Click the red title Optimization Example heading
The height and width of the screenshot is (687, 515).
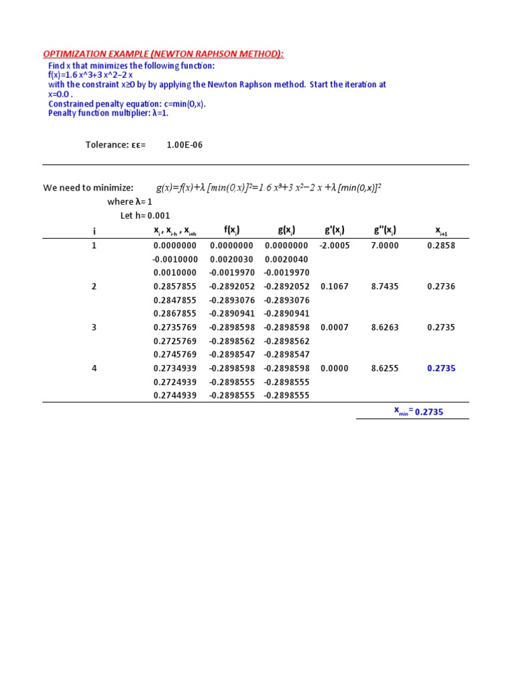coord(164,54)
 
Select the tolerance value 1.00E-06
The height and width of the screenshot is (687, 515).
coord(184,144)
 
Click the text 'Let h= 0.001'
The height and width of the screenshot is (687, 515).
coord(145,215)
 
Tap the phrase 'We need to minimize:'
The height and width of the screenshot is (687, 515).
coord(89,188)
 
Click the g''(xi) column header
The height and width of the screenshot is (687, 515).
coord(385,231)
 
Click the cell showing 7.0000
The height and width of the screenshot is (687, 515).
coord(385,246)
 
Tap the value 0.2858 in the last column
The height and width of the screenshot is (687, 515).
coord(441,246)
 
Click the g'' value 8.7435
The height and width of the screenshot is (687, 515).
coord(385,286)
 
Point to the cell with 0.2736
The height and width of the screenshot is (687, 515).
coord(441,286)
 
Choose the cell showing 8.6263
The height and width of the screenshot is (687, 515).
coord(385,327)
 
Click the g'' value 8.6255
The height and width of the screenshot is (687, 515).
coord(385,368)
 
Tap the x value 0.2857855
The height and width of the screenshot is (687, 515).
coord(174,286)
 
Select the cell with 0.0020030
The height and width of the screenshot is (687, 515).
coord(232,259)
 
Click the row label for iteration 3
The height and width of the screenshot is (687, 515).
coord(94,327)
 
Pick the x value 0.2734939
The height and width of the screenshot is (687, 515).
coord(174,368)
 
